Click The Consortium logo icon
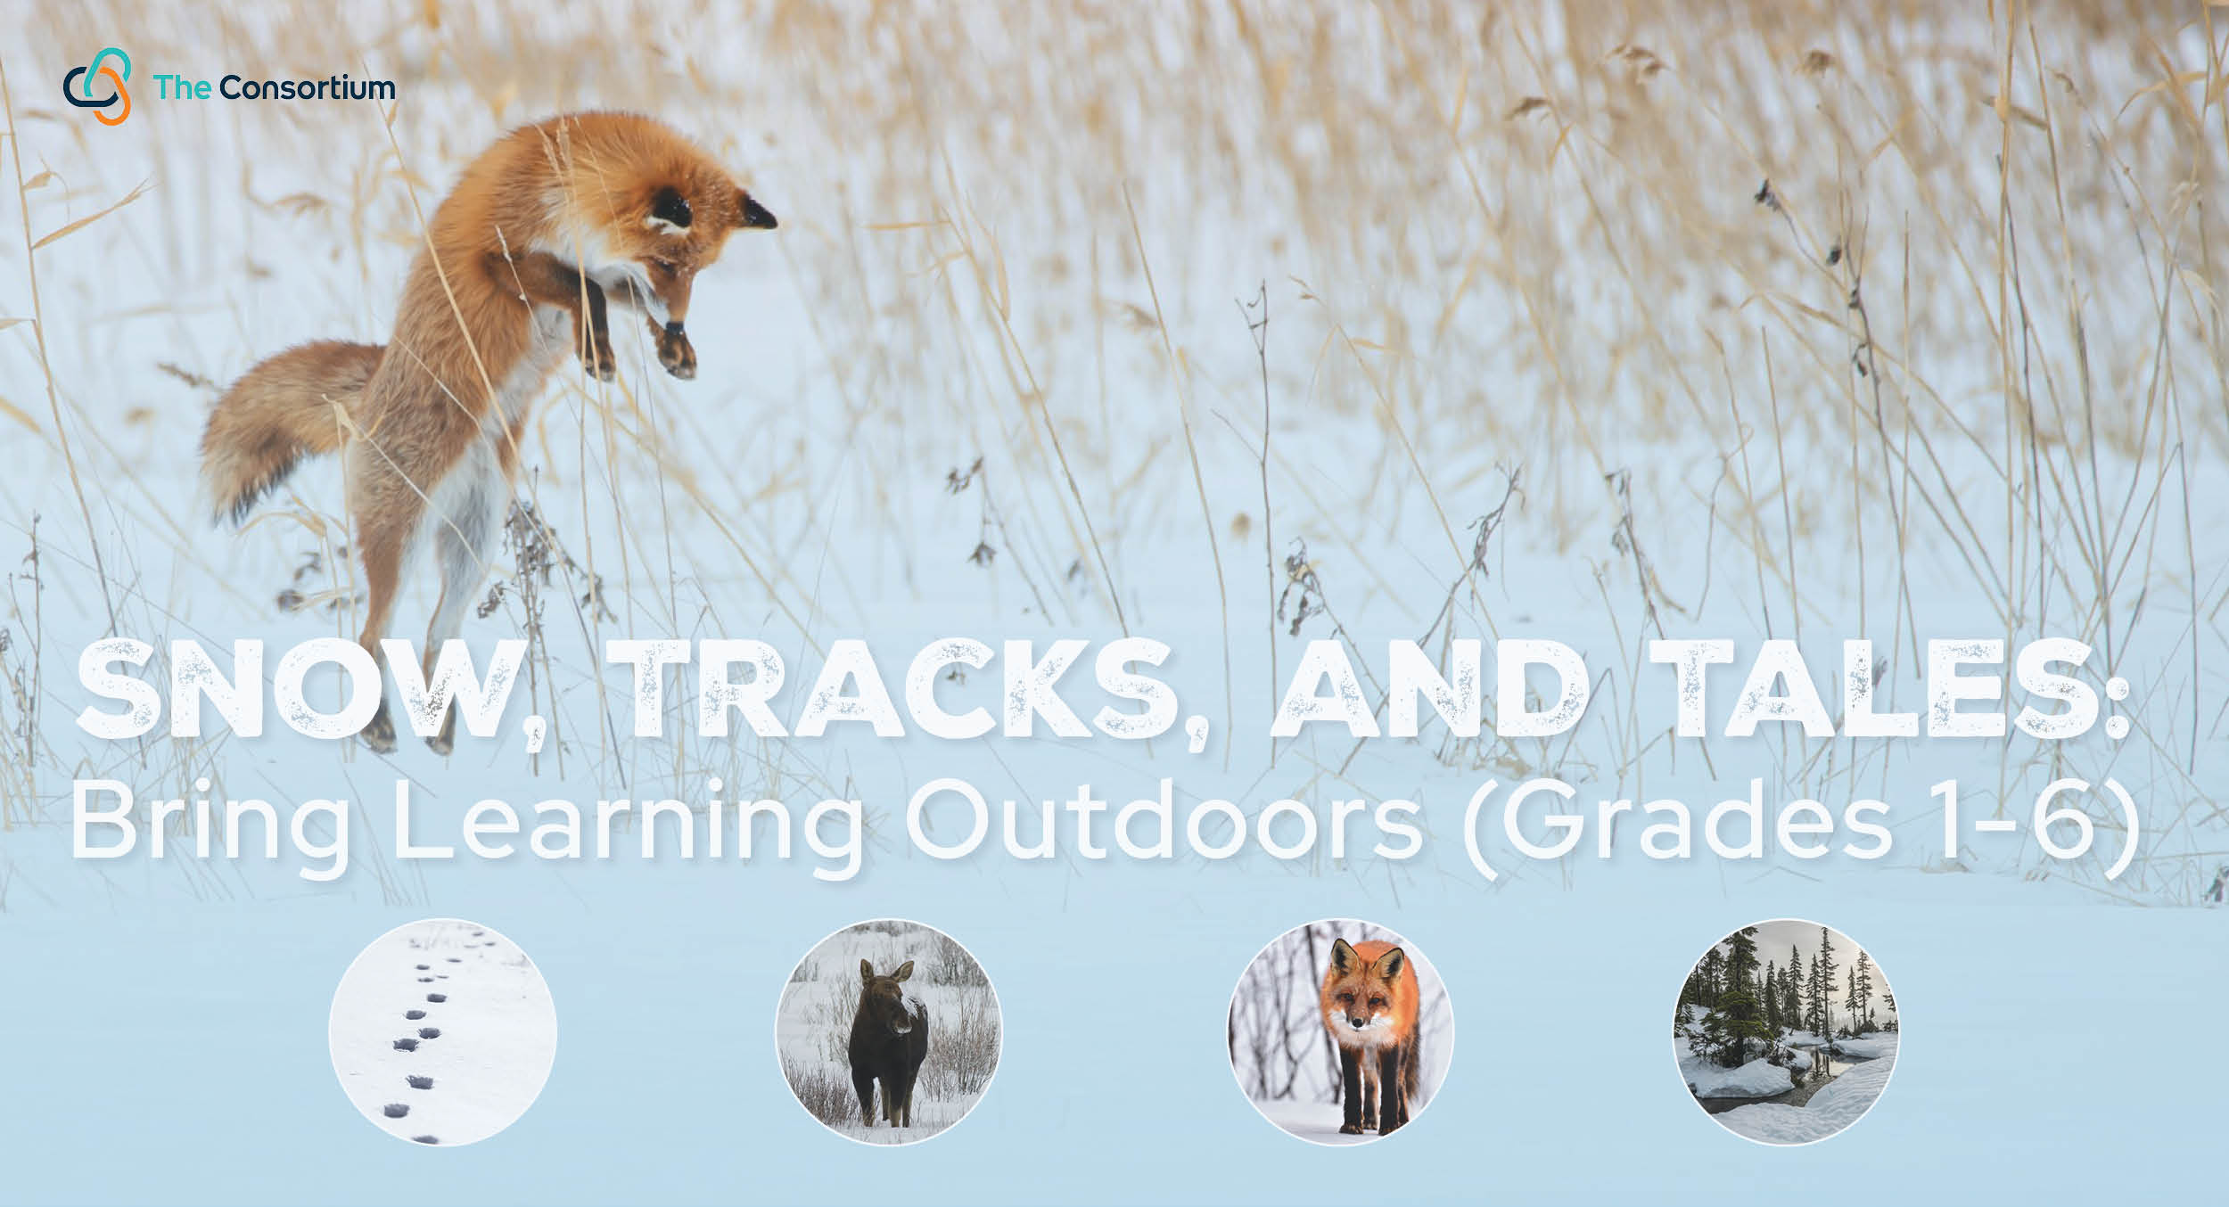[x=97, y=86]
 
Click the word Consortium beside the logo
[x=307, y=88]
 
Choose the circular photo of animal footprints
[x=443, y=1032]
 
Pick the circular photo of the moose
[x=889, y=1032]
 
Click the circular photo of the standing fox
[x=1340, y=1032]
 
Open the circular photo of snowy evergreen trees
[x=1786, y=1032]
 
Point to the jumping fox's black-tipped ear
[x=753, y=211]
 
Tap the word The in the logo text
[x=182, y=88]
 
